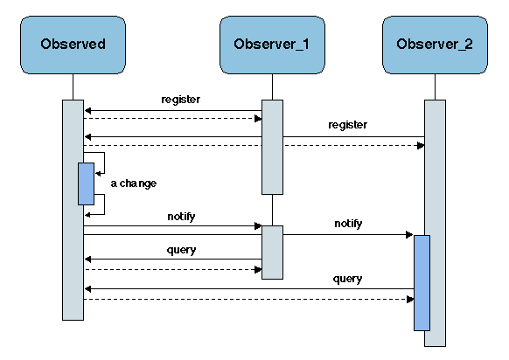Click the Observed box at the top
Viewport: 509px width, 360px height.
coord(73,44)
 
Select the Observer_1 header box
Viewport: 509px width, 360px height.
coord(271,44)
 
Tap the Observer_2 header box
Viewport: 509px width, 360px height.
coord(434,44)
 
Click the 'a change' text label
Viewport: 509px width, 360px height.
coord(134,183)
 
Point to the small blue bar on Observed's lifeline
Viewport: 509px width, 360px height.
coord(86,183)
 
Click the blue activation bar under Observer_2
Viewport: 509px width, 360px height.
coord(422,282)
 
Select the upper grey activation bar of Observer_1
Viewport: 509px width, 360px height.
coord(272,147)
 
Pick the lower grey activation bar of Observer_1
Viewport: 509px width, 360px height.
coord(272,252)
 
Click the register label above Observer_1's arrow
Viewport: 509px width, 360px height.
coord(181,100)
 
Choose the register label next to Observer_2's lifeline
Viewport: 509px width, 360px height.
coord(347,125)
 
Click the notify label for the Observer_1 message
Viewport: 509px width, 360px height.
coord(181,215)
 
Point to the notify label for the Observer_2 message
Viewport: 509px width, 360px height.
coord(348,225)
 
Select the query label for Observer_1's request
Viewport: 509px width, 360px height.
coord(181,250)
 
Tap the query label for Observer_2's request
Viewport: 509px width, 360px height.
coord(347,279)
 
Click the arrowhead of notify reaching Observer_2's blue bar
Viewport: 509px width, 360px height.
coord(408,234)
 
